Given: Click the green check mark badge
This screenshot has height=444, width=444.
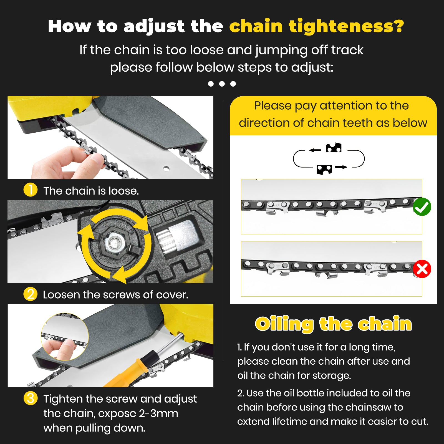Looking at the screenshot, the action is (422, 207).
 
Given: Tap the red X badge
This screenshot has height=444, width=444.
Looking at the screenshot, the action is (422, 269).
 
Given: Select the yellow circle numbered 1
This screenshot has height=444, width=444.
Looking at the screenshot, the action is (31, 190).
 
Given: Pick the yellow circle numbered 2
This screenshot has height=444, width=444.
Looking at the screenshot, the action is (31, 294).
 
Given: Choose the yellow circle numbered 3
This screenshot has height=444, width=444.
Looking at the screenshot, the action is (31, 398).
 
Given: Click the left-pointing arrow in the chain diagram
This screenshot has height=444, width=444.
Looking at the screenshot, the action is (315, 150).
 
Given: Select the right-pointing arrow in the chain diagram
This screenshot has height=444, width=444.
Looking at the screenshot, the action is (341, 167).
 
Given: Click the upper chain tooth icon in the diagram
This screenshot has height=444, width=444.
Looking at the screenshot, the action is (334, 148).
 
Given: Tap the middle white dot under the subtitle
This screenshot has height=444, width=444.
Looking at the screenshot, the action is (222, 84).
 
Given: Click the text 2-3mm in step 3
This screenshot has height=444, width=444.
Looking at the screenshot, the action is (158, 413).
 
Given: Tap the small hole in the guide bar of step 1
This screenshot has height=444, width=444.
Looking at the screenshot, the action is (166, 168).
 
